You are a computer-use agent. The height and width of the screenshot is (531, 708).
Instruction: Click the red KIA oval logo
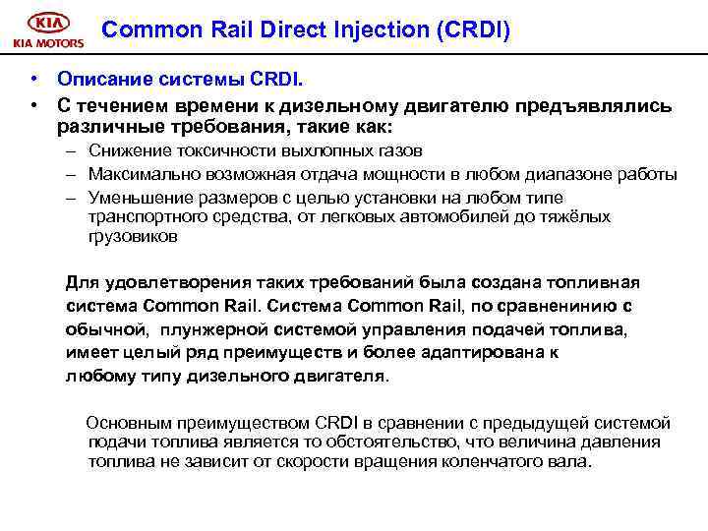point(47,23)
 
